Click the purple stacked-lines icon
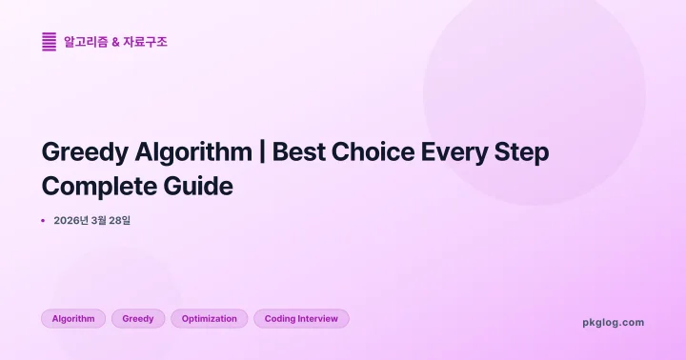tap(50, 42)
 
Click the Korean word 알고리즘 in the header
tap(86, 42)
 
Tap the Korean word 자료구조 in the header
tap(145, 42)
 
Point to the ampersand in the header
tap(116, 42)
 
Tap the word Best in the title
tap(300, 152)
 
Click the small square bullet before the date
tap(43, 221)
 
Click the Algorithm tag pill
tap(73, 318)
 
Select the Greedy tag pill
tap(138, 318)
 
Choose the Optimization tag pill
tap(210, 318)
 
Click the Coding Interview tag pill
tap(301, 318)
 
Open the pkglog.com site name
tap(613, 322)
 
